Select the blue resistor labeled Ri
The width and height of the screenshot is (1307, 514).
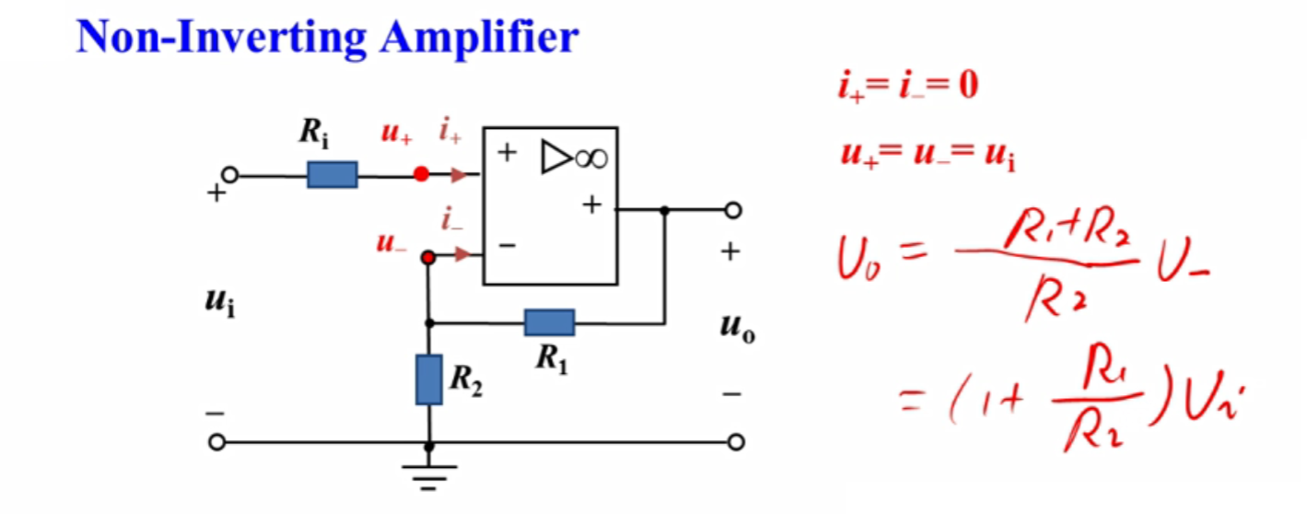(x=332, y=174)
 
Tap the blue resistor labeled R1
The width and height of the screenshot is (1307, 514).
(x=549, y=322)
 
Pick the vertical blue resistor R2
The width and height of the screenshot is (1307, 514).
(x=428, y=379)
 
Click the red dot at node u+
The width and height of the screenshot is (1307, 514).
(x=421, y=174)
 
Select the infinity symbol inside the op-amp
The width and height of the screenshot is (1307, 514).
(x=591, y=159)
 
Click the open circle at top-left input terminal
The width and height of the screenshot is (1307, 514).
(x=230, y=175)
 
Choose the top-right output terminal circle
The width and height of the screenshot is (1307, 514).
(x=732, y=210)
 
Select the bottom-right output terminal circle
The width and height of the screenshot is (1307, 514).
(x=735, y=443)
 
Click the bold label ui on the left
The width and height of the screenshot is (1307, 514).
(x=219, y=302)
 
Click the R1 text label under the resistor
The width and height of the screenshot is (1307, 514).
(x=552, y=359)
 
